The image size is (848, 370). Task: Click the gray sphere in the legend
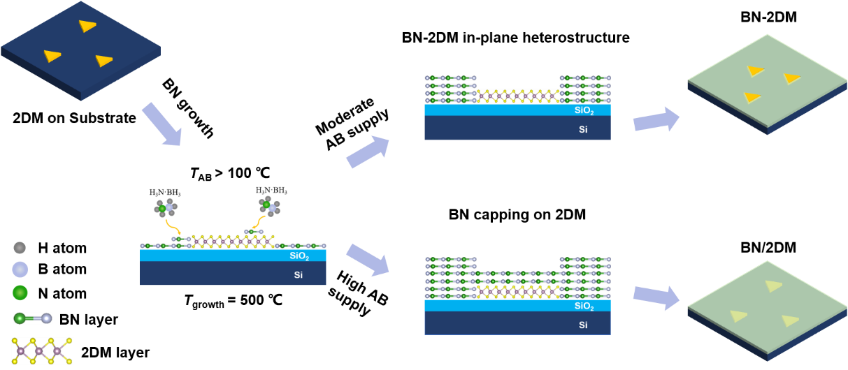pyautogui.click(x=20, y=247)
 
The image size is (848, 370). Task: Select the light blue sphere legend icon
pyautogui.click(x=20, y=269)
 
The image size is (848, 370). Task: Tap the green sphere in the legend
pyautogui.click(x=20, y=293)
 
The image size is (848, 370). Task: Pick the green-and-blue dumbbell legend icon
pyautogui.click(x=33, y=318)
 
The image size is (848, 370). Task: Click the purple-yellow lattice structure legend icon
pyautogui.click(x=43, y=351)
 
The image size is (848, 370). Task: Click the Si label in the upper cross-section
pyautogui.click(x=583, y=129)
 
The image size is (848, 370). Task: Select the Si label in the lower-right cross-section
pyautogui.click(x=583, y=325)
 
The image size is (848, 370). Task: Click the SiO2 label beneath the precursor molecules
pyautogui.click(x=299, y=256)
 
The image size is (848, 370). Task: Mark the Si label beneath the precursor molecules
pyautogui.click(x=299, y=275)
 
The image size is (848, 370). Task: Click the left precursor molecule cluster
pyautogui.click(x=166, y=207)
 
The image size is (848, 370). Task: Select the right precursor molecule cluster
pyautogui.click(x=269, y=205)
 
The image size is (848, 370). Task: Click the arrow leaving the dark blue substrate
pyautogui.click(x=161, y=124)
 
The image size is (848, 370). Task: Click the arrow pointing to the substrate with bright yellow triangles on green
pyautogui.click(x=656, y=120)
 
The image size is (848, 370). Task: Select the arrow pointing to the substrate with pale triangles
pyautogui.click(x=656, y=297)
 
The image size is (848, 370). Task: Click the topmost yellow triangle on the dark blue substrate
pyautogui.click(x=87, y=26)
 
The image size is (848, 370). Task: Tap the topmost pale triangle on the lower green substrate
pyautogui.click(x=773, y=286)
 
